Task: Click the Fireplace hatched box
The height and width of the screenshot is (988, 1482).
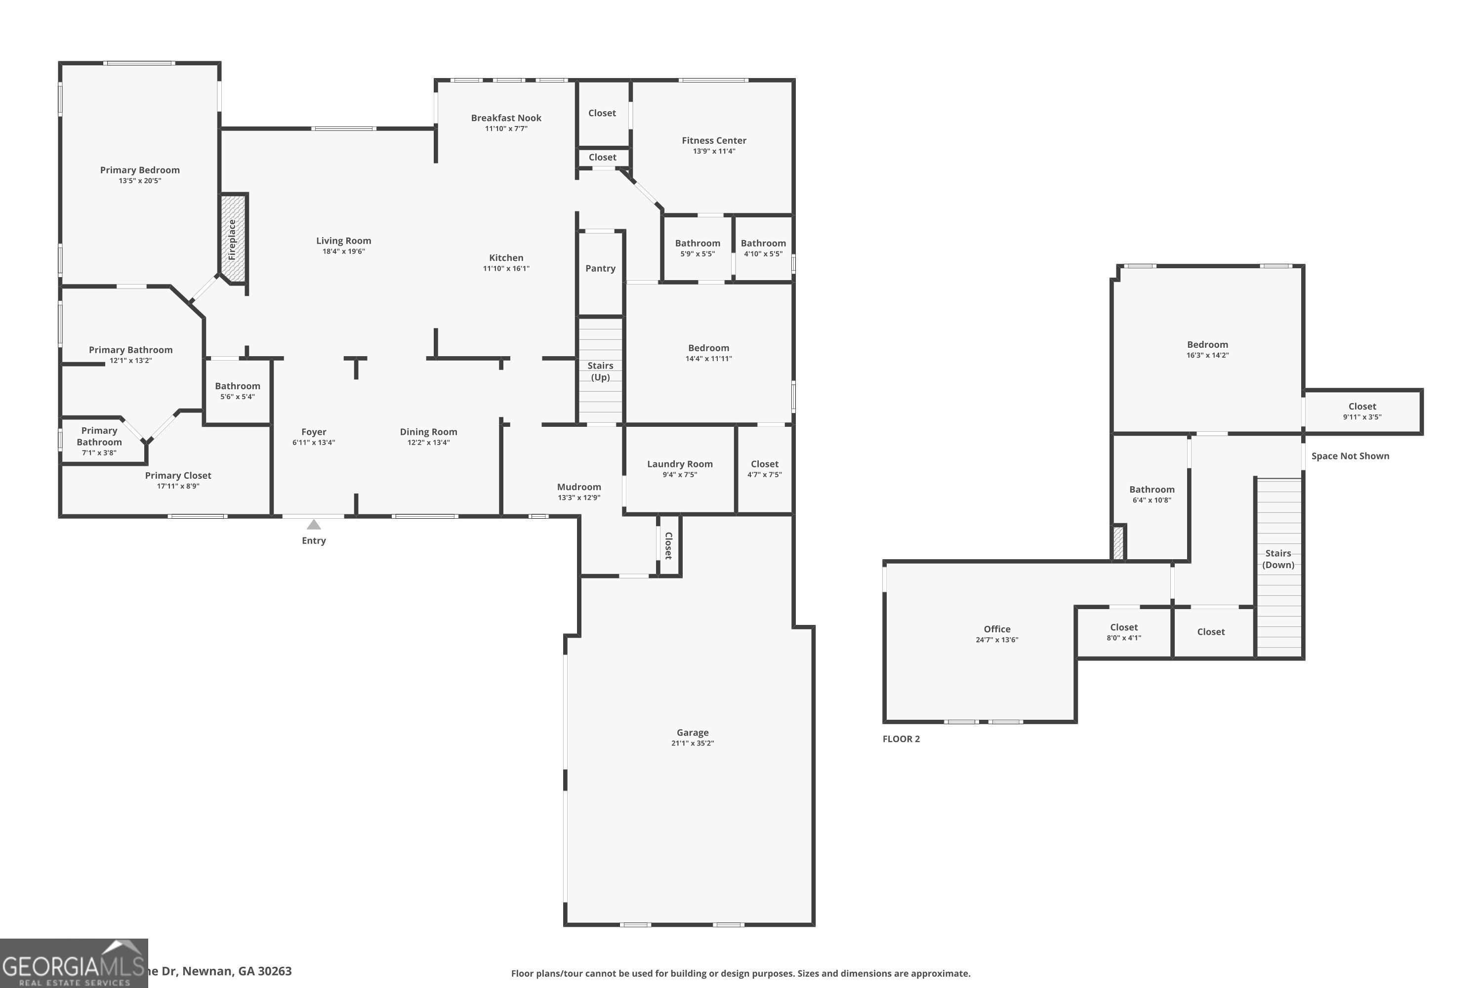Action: (233, 239)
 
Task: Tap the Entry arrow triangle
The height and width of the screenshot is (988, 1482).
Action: (314, 525)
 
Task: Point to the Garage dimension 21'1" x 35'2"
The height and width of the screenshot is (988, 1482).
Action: (693, 743)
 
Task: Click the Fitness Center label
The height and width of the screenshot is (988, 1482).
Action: (714, 140)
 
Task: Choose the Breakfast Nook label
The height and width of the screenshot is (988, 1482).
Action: (506, 118)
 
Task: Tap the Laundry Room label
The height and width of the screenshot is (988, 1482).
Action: (680, 464)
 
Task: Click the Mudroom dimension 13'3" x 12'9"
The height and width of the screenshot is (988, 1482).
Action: (578, 498)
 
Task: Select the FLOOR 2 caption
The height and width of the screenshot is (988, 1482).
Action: (901, 739)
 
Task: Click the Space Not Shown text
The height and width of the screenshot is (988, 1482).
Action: (1350, 456)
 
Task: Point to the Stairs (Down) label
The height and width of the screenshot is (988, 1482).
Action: (1278, 559)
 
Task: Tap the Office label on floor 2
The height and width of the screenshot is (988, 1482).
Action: (997, 629)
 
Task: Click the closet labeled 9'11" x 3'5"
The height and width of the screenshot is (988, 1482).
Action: (1361, 411)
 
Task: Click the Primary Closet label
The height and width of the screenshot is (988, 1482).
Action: (178, 476)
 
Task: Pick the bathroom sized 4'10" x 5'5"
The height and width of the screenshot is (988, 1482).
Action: (763, 247)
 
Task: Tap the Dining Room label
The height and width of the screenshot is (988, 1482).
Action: (428, 432)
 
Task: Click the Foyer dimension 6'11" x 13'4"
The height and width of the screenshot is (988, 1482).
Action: (314, 442)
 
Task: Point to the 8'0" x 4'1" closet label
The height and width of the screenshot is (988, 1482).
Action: (1123, 631)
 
